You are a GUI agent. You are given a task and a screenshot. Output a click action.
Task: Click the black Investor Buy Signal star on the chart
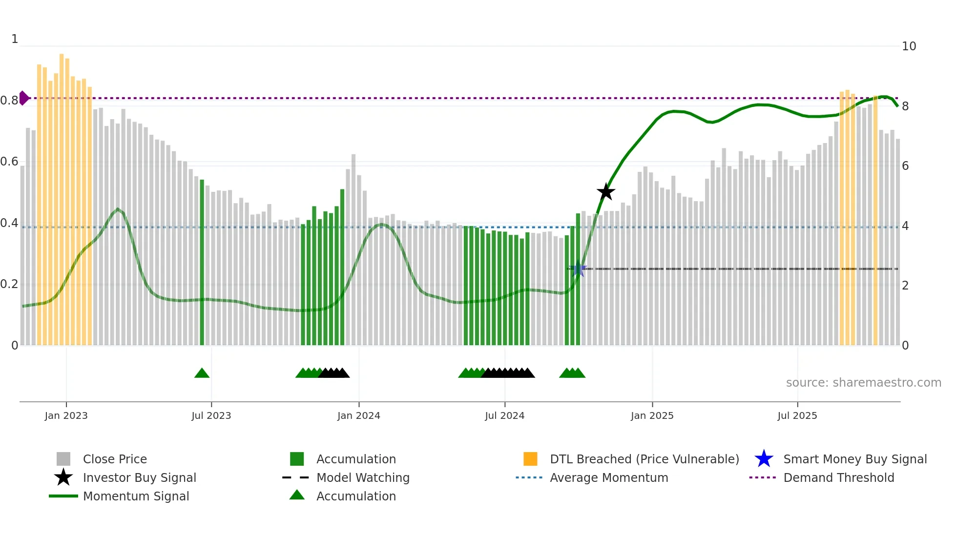coord(605,192)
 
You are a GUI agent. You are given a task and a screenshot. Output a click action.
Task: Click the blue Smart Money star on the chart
coord(578,269)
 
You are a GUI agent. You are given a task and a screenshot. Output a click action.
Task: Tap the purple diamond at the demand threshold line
coord(23,98)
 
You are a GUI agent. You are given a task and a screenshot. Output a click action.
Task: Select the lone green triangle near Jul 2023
coord(202,373)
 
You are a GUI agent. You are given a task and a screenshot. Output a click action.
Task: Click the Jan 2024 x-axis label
coord(358,415)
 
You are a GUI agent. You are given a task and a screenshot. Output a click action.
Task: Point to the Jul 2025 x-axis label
coord(797,415)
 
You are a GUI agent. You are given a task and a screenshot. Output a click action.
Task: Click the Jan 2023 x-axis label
coord(66,415)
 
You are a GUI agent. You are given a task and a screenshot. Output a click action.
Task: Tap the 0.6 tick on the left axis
coord(10,162)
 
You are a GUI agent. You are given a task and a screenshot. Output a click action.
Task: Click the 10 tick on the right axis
coord(908,46)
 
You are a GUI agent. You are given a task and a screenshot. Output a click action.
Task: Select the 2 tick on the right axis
coord(905,286)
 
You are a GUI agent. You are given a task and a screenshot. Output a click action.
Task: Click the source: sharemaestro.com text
coord(863,383)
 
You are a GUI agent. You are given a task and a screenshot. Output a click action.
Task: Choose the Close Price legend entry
coord(115,459)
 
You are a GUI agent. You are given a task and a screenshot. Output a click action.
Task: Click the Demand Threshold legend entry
coord(838,477)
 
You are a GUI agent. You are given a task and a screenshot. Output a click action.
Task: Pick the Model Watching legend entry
coord(363,477)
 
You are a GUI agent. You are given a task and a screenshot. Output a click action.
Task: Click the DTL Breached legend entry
coord(644,459)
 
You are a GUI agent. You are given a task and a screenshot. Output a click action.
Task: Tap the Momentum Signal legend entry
coord(136,496)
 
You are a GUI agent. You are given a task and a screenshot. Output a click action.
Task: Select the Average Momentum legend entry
coord(608,477)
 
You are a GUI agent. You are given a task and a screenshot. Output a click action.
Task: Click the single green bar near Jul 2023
coord(202,264)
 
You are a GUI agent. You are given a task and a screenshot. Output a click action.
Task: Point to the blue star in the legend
coord(764,459)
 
